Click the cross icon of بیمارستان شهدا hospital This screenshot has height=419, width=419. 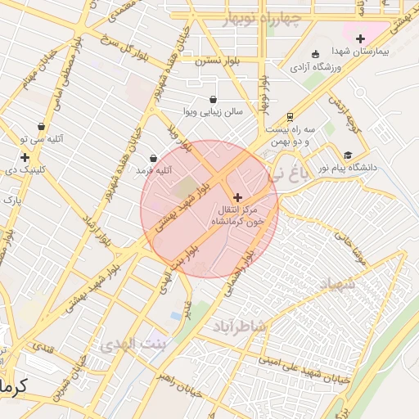pos(360,38)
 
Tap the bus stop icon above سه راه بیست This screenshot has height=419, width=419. pos(290,117)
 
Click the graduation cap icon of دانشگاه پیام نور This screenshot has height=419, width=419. pos(347,155)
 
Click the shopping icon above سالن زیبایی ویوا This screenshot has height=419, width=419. pos(214,99)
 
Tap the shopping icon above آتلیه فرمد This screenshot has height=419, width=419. pos(153,158)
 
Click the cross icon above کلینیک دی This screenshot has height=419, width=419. pos(25,157)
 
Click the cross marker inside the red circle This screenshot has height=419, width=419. pos(238,196)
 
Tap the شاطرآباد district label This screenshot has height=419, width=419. pos(240,327)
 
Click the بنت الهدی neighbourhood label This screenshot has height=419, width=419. pos(132,344)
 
